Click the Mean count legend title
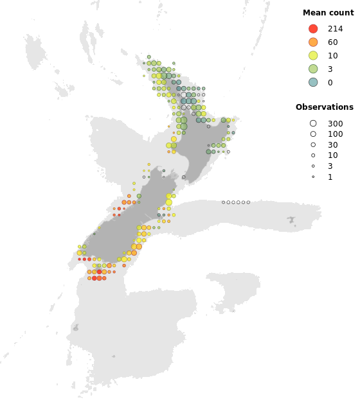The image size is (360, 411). [328, 13]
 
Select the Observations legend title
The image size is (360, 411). [324, 107]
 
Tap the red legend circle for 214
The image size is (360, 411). [313, 29]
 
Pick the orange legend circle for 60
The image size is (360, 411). [313, 42]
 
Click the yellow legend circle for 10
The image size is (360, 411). [313, 56]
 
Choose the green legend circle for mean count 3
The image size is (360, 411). [313, 69]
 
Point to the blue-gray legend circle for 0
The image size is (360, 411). [313, 82]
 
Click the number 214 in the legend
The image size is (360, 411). [335, 29]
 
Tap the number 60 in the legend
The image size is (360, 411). [332, 42]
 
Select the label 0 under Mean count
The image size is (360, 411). [330, 82]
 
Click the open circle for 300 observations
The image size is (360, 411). [313, 123]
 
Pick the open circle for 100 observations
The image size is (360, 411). [313, 134]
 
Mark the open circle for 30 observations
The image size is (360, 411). [313, 145]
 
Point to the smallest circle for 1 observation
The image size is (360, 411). [313, 177]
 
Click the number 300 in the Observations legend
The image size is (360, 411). [335, 123]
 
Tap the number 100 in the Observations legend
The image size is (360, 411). [335, 134]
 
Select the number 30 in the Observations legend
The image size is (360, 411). [332, 145]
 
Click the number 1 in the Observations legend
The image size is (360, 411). [330, 177]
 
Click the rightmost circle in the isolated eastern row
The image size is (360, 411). [248, 202]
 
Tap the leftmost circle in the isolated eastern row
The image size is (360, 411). [223, 202]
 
